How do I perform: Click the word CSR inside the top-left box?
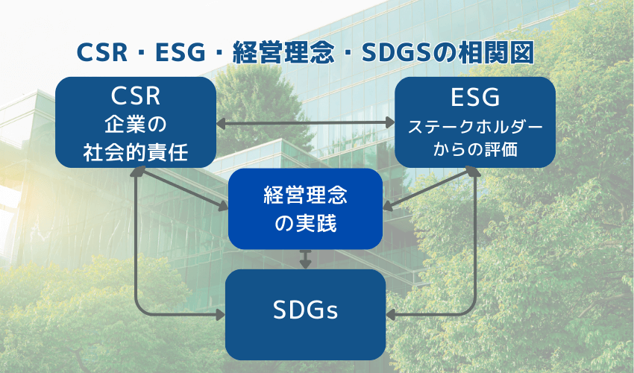[x=136, y=96]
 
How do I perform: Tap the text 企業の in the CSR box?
[x=136, y=124]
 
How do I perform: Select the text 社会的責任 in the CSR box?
[x=136, y=152]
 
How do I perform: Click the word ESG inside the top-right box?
[x=475, y=98]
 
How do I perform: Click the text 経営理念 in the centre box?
[x=306, y=195]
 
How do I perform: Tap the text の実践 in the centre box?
[x=306, y=223]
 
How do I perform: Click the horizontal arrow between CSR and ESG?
[x=305, y=122]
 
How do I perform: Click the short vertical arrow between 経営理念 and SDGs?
[x=305, y=259]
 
